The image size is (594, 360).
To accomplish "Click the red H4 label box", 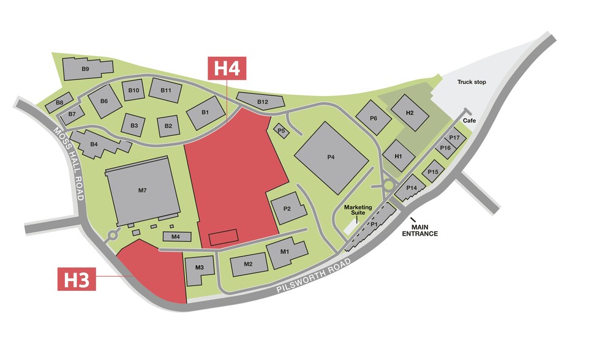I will [x=227, y=68].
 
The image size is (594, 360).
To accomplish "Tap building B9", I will [x=86, y=69].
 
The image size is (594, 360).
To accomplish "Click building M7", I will [x=142, y=190].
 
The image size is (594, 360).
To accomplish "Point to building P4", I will [x=331, y=157].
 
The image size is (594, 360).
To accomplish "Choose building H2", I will [x=410, y=113].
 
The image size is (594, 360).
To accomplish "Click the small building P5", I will [x=282, y=130].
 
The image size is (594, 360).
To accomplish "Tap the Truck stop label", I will [x=472, y=81].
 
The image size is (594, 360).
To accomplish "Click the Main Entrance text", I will [x=419, y=231].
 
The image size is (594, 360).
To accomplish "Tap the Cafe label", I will [x=470, y=121].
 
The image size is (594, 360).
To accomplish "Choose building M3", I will [x=199, y=268].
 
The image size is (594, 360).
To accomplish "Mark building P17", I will [x=454, y=138].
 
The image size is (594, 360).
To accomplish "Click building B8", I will [x=60, y=102].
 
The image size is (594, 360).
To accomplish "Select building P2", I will [x=286, y=208].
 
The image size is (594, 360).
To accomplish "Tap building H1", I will [x=399, y=156].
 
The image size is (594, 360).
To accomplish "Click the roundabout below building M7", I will [x=112, y=234].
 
